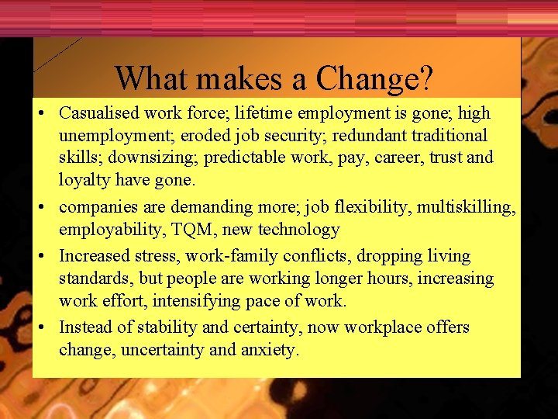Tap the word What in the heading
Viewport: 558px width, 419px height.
click(148, 78)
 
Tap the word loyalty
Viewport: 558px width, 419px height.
click(84, 181)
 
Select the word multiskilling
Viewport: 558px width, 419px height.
click(468, 207)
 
